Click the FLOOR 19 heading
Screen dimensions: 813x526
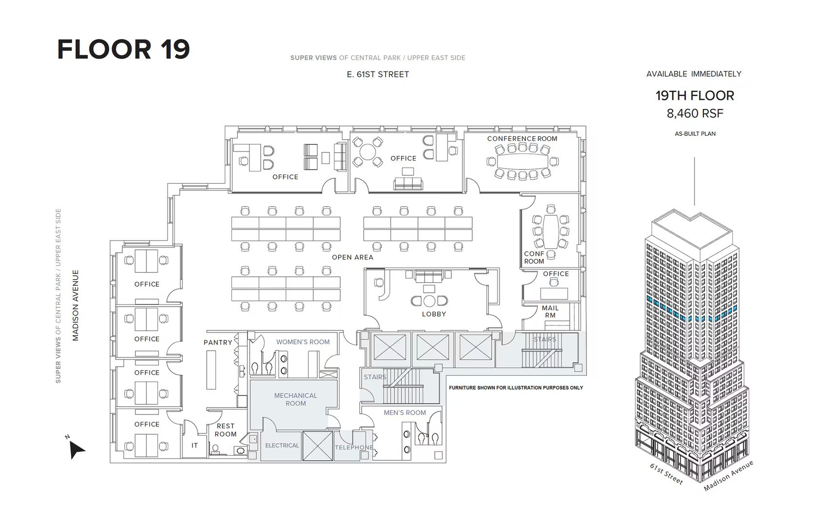tap(123, 49)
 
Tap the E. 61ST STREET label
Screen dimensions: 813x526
tap(378, 75)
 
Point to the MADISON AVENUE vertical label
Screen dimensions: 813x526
tap(76, 305)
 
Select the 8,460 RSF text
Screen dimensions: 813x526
tap(695, 113)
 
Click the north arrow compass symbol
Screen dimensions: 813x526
tap(76, 450)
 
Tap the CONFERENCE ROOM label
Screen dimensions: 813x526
tap(522, 139)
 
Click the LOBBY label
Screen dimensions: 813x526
tap(434, 314)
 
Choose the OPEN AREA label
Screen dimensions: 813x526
tap(352, 257)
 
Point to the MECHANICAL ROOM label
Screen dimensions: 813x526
tap(295, 399)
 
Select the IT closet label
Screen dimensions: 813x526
tap(194, 446)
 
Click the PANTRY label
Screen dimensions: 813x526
tap(218, 342)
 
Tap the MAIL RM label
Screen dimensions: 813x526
tap(550, 312)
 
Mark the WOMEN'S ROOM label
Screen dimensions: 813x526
tap(303, 342)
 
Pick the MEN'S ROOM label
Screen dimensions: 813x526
tap(405, 413)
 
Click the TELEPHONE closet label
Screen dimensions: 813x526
tap(354, 447)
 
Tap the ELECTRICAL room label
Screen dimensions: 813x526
tap(282, 446)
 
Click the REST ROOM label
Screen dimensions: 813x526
tap(225, 430)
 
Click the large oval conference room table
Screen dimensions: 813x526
tap(523, 161)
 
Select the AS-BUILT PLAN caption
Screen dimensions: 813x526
tap(695, 134)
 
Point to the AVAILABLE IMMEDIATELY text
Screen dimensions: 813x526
tap(694, 74)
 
